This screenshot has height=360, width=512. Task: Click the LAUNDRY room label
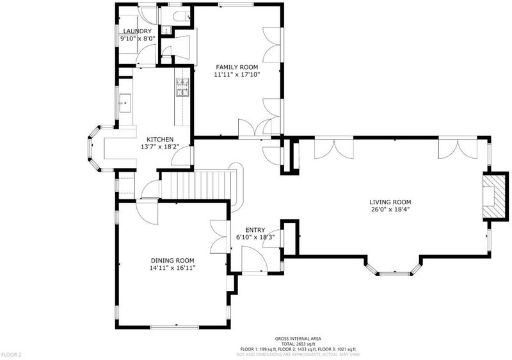coord(137,31)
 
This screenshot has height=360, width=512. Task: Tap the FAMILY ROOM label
coord(237,67)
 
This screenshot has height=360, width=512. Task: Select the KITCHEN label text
coord(160,140)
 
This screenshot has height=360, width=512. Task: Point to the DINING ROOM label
coord(172,261)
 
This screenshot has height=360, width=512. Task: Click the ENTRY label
coord(255,230)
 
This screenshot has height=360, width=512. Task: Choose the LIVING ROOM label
coord(390,202)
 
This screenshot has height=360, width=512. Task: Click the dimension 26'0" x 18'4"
coord(390,209)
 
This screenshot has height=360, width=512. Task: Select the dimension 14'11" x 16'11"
coord(172,268)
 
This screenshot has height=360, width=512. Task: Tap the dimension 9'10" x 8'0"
coord(137,38)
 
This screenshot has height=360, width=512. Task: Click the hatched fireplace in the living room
coord(495,197)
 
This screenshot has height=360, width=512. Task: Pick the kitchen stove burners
coord(183,87)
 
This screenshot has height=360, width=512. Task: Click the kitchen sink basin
coord(125,103)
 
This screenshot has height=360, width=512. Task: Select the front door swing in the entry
coord(255,258)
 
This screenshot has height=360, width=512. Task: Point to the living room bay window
coord(392,268)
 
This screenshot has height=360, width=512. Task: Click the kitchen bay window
coord(95,149)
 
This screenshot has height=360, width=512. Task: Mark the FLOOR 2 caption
coord(12,354)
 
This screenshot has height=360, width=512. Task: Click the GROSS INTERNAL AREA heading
coord(298,339)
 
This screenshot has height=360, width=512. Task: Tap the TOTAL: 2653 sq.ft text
coord(298,344)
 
